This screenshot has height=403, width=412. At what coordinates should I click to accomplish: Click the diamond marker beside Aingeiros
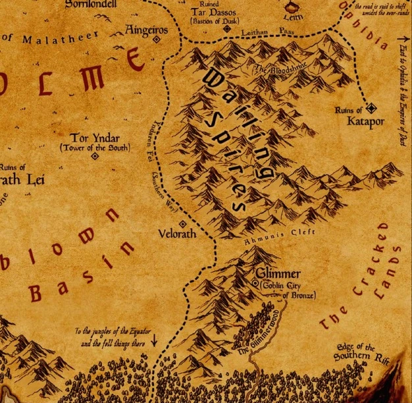point(157,40)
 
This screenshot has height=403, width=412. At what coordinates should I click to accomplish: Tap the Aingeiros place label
point(147,30)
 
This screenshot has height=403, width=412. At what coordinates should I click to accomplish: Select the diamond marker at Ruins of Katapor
point(371,107)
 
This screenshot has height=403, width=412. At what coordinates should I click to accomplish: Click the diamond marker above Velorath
point(182,224)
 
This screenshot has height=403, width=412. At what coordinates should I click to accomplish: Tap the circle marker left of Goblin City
point(256,283)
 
